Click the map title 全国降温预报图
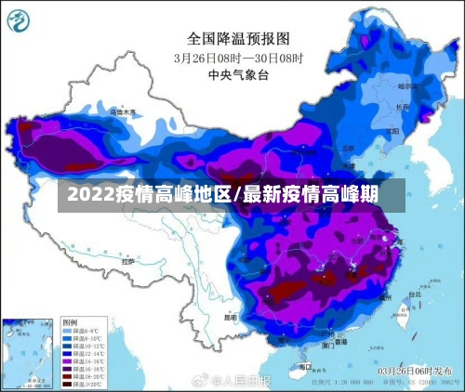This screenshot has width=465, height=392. click(239, 38)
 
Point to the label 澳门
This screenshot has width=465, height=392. click(327, 345)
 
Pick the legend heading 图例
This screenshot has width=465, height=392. click(71, 320)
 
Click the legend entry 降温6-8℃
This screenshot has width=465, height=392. click(82, 330)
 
